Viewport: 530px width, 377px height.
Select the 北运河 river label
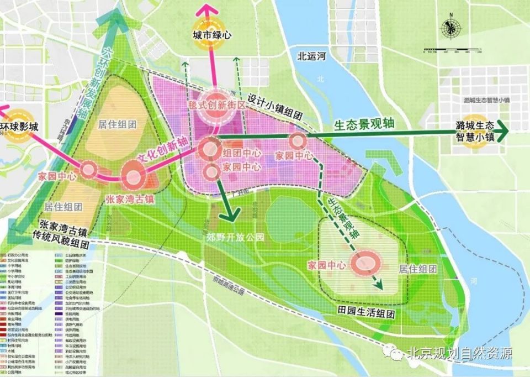pos(312,56)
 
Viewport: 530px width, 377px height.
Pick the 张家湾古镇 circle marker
pos(134,177)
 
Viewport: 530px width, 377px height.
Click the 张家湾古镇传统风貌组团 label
pos(64,231)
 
